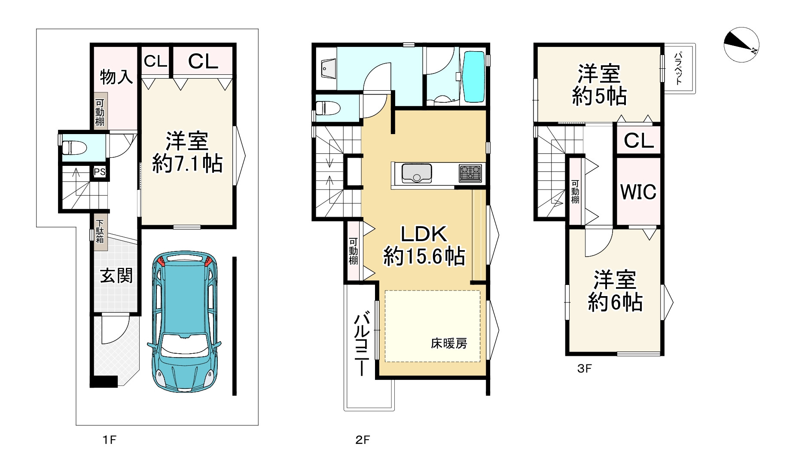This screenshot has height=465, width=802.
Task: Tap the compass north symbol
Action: click(741, 45)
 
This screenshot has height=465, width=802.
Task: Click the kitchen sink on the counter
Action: click(417, 173)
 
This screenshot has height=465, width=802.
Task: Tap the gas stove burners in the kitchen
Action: click(470, 173)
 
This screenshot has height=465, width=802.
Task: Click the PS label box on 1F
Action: click(100, 172)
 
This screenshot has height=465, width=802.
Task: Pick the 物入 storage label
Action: click(116, 77)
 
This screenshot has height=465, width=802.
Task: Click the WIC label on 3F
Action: click(638, 192)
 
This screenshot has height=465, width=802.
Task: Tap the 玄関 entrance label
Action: click(116, 275)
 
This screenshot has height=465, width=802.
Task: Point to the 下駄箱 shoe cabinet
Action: click(100, 232)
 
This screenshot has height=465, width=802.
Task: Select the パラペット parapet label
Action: click(678, 68)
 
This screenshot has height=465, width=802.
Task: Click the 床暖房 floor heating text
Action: click(449, 343)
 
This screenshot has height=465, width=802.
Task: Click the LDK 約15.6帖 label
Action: click(424, 245)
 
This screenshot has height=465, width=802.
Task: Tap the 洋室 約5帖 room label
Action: click(599, 85)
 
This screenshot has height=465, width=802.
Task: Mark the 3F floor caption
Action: click(584, 368)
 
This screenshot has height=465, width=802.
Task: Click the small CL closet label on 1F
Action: click(156, 61)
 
